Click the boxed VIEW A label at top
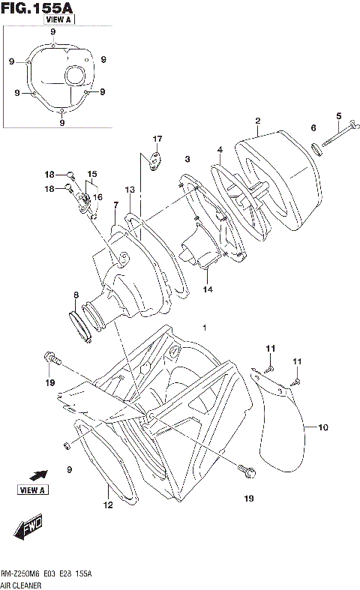[58, 20]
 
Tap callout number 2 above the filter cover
[257, 121]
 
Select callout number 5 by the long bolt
[338, 115]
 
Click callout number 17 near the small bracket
[157, 139]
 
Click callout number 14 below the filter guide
[207, 289]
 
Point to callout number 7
[116, 205]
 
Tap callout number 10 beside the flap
[323, 428]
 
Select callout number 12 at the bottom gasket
[107, 505]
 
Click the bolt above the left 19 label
[50, 358]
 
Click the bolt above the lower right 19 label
[248, 472]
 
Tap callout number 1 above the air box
[204, 328]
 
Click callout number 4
[220, 149]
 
